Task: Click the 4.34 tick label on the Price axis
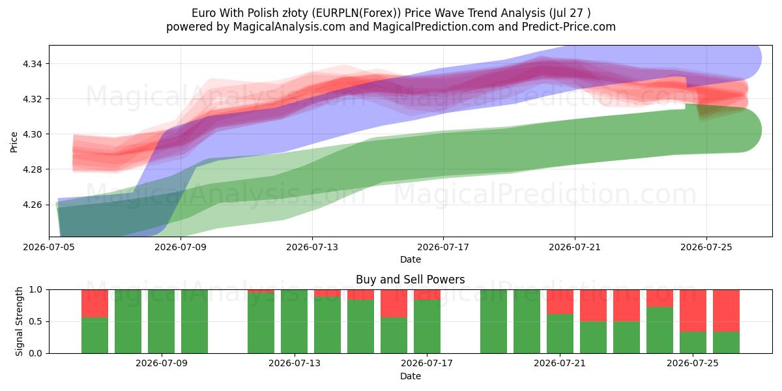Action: point(32,64)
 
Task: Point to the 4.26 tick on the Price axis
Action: point(32,205)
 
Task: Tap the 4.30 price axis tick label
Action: point(32,134)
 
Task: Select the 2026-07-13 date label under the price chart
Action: point(312,247)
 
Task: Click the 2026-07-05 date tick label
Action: point(49,247)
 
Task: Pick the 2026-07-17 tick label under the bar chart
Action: point(427,363)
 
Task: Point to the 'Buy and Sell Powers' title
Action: point(410,280)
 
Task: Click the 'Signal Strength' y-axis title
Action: point(19,321)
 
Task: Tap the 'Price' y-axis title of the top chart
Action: point(14,142)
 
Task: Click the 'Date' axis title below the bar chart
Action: point(410,376)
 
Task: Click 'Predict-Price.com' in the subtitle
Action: point(569,27)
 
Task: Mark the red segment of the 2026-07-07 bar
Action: point(94,304)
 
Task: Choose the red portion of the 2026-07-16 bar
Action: point(394,304)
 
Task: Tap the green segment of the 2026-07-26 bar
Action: point(726,343)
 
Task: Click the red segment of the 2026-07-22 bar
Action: point(593,306)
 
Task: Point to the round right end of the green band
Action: point(751,130)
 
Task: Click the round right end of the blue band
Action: point(751,58)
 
